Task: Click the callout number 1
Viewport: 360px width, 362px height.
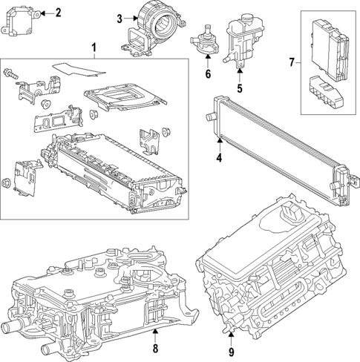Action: [94, 49]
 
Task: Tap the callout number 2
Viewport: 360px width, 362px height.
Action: [59, 12]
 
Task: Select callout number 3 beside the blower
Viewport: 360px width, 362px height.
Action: [119, 20]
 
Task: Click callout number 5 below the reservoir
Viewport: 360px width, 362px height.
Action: [240, 88]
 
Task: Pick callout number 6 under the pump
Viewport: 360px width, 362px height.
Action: [208, 74]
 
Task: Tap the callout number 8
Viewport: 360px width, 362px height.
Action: [154, 348]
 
